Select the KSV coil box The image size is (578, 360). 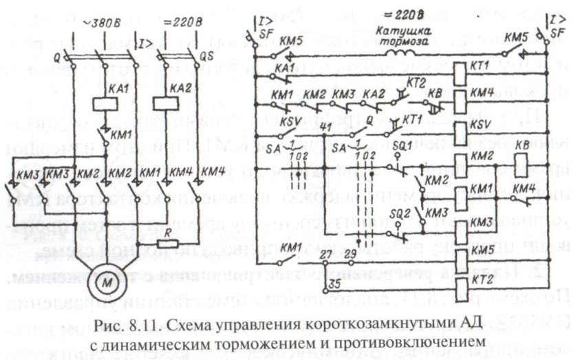462,129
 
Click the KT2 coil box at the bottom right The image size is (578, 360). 462,278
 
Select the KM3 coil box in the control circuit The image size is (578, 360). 462,222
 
